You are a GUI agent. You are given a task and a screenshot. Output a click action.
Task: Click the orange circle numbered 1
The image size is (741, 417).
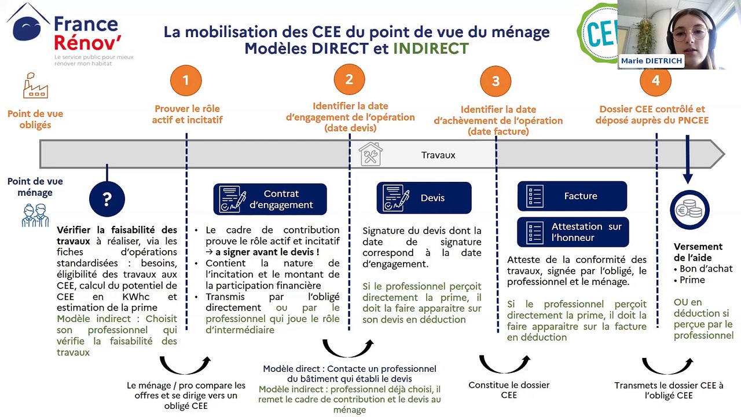(x=186, y=81)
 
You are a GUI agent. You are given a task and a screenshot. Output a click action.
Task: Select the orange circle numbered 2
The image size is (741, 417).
(x=349, y=80)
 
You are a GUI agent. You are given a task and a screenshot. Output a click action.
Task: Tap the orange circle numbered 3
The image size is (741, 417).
(x=496, y=82)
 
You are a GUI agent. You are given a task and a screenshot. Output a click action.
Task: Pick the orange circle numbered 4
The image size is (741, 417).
(x=655, y=81)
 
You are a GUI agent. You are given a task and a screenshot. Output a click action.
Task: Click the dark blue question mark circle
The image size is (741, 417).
(x=107, y=200)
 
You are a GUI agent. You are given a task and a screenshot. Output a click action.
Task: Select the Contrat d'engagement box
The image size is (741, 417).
(x=270, y=199)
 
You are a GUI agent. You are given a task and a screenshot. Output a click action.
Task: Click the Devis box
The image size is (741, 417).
(x=424, y=198)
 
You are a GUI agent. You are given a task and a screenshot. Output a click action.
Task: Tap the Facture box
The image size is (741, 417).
(x=572, y=196)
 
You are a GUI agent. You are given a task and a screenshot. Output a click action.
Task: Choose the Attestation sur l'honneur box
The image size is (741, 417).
(x=572, y=232)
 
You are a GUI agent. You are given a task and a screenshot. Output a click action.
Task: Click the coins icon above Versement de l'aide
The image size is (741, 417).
(x=689, y=210)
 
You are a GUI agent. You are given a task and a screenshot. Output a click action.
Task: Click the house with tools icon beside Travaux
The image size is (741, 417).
(x=370, y=155)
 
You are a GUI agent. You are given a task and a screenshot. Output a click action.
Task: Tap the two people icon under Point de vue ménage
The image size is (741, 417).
(x=35, y=215)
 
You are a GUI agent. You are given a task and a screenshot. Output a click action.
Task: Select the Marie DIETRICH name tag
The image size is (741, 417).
(x=651, y=61)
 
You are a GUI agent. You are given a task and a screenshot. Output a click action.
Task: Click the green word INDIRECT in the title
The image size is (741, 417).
(x=431, y=49)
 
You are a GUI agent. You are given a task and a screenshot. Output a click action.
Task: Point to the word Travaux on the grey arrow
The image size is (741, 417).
(x=438, y=155)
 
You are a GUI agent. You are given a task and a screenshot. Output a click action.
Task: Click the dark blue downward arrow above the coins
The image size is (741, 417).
(x=688, y=163)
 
